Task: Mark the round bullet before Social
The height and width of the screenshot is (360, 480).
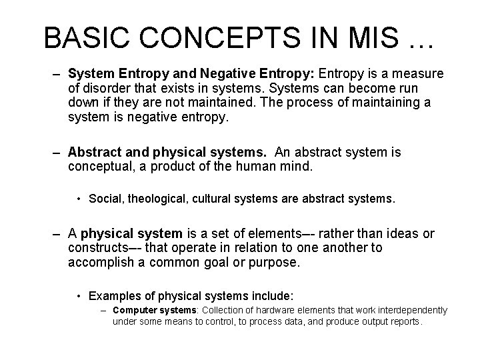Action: coord(79,199)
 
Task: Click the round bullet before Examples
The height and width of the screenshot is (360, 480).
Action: coord(79,295)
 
